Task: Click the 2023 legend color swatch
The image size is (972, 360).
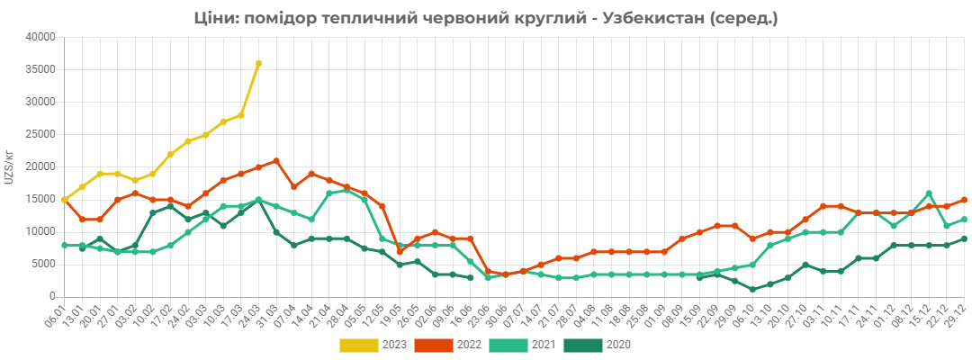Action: point(358,345)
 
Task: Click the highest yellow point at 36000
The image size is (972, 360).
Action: point(258,63)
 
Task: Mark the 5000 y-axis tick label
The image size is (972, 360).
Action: point(46,265)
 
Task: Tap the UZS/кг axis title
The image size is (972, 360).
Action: point(9,166)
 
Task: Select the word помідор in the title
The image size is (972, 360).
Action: point(282,19)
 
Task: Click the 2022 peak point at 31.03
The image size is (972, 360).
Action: point(276,160)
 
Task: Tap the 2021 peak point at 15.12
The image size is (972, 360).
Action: point(929,193)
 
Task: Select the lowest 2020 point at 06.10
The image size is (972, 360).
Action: point(752,290)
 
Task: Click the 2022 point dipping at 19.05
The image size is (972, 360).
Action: point(400,252)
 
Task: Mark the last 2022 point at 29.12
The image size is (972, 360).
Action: point(965,200)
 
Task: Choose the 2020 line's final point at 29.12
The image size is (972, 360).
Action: point(965,238)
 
